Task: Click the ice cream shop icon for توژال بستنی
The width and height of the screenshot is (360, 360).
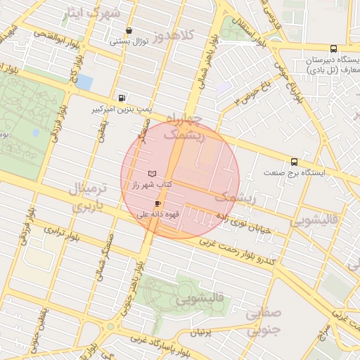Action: tap(128, 30)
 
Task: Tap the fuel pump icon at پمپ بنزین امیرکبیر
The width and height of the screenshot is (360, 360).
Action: tap(123, 98)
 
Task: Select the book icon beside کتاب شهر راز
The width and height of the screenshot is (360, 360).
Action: tap(153, 173)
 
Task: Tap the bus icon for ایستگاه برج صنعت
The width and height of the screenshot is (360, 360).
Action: tap(294, 162)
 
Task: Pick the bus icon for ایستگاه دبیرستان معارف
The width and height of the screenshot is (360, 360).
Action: tap(332, 49)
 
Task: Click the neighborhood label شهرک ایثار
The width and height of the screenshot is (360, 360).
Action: tap(91, 13)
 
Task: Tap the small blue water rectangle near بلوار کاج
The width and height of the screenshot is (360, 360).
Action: tap(84, 82)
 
